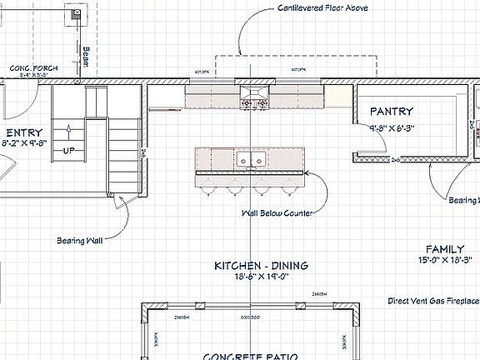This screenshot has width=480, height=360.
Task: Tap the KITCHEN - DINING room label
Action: (x=261, y=266)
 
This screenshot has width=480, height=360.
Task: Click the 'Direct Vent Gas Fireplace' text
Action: (x=433, y=300)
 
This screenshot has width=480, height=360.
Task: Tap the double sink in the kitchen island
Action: (x=250, y=157)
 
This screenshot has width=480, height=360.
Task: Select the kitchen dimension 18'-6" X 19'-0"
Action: (x=261, y=277)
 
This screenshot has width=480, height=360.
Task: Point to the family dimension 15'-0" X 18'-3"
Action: (x=438, y=261)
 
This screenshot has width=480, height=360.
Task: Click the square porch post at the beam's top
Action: (x=76, y=13)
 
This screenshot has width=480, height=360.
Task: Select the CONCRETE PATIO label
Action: (x=249, y=355)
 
